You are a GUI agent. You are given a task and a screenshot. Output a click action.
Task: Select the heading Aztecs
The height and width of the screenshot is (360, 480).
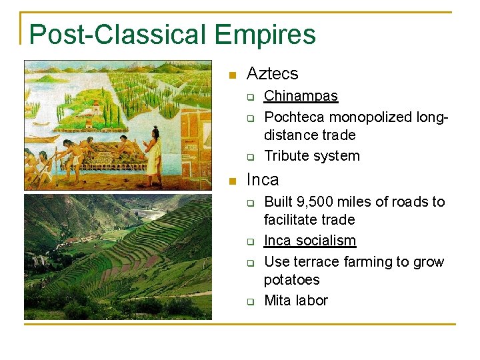point(272,73)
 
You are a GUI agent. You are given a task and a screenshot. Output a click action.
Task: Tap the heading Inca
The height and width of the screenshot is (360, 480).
point(263,179)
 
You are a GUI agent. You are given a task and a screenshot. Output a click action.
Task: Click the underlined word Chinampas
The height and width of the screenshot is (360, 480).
point(301,96)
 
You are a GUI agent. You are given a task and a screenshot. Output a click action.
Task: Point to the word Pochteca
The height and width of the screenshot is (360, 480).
point(294,117)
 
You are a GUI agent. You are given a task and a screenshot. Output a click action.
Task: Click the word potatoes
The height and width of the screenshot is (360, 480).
point(291,279)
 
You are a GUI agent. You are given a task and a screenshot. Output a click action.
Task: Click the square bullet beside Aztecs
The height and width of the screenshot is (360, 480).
point(231,74)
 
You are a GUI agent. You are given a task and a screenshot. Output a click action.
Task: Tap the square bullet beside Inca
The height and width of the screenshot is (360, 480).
point(231,180)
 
